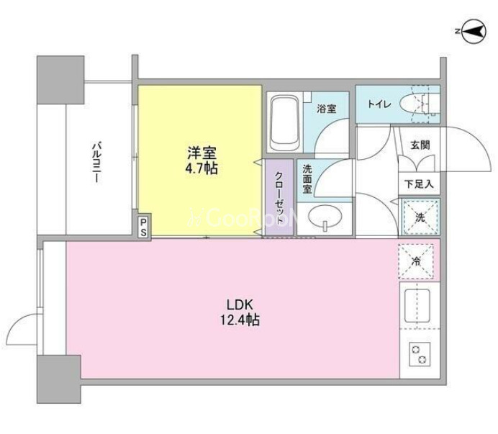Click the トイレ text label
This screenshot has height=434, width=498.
(x=379, y=104)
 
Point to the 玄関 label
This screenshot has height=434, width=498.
(x=420, y=145)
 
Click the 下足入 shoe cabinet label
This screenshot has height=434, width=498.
(x=419, y=184)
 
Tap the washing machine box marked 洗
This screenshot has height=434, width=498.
(x=420, y=217)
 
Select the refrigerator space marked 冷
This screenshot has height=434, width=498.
(x=416, y=261)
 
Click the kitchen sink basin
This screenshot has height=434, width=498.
(x=417, y=305)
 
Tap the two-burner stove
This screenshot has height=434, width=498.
(x=420, y=354)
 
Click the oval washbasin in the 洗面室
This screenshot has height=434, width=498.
(x=325, y=217)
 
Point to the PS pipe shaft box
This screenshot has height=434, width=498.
(x=143, y=226)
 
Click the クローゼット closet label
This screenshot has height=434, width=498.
(x=279, y=197)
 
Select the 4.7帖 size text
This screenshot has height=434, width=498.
(x=202, y=168)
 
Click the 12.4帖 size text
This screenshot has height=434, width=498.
(x=240, y=320)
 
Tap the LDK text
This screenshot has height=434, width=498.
(x=240, y=305)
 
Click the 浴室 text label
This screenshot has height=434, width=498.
(x=326, y=109)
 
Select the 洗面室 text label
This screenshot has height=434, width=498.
(x=307, y=178)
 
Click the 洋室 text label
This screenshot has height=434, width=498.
(x=202, y=153)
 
